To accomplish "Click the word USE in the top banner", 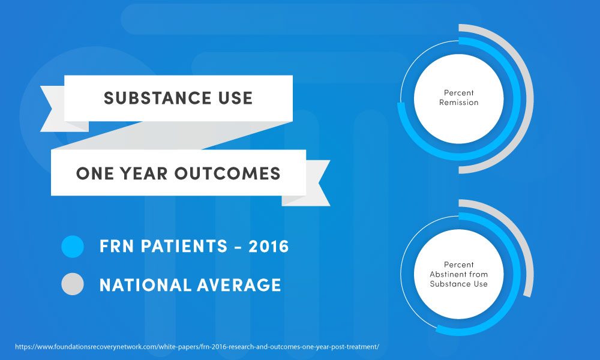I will coord(231,98).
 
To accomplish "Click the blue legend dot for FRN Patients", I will coord(73,247).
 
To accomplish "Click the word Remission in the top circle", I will coord(459,103).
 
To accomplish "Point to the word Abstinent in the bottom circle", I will coord(459,274).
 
